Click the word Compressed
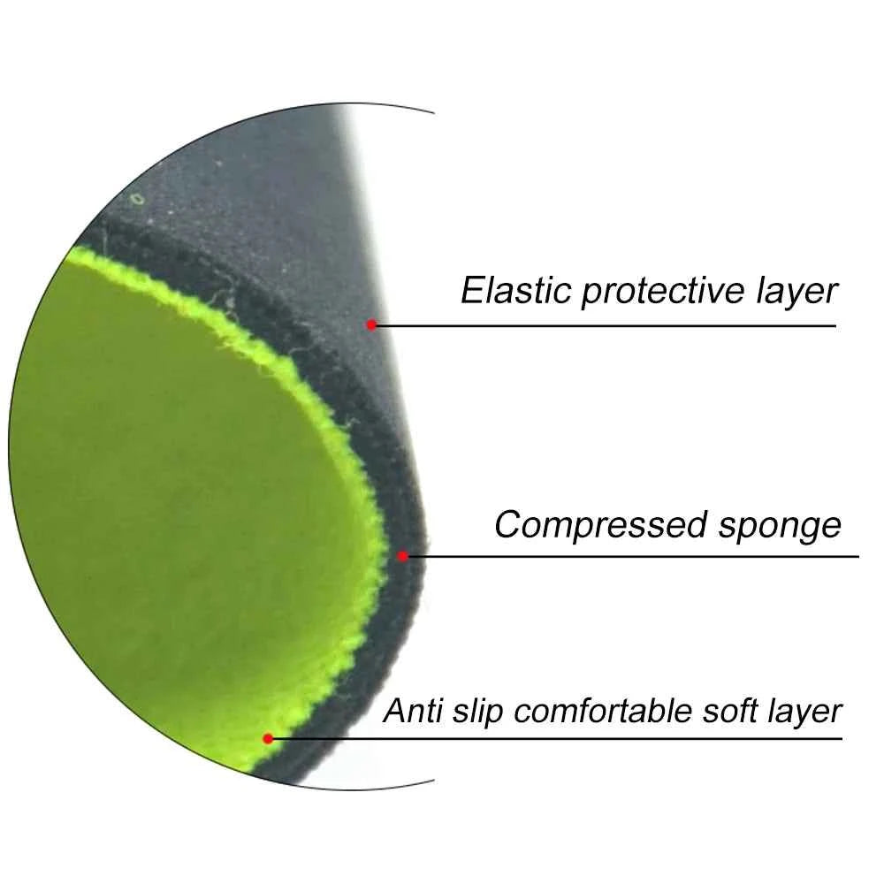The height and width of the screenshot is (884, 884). tap(600, 526)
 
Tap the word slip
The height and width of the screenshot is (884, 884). tap(477, 712)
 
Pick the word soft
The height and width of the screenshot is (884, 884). tap(729, 710)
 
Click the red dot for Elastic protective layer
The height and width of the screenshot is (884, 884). tap(371, 324)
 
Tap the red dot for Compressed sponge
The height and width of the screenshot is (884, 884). tap(402, 556)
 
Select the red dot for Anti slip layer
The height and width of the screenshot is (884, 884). tap(269, 738)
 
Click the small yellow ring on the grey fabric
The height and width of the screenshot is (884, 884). tap(137, 199)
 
